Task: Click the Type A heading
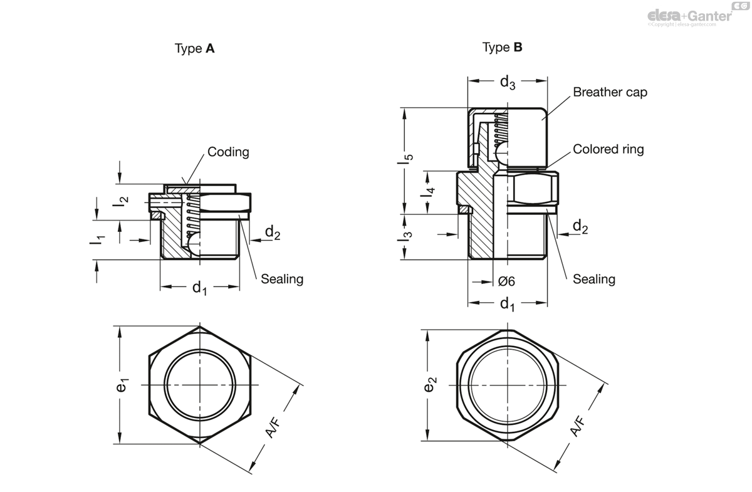194,49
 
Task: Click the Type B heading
502,47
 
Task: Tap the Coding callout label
228,152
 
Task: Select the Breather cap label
610,92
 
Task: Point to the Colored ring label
608,149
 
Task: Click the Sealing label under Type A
282,279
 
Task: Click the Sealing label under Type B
594,279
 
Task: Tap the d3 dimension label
508,82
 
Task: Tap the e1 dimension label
123,385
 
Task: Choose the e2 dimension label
430,385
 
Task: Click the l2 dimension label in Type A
123,202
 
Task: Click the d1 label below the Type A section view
200,288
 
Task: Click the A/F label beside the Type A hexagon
273,426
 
